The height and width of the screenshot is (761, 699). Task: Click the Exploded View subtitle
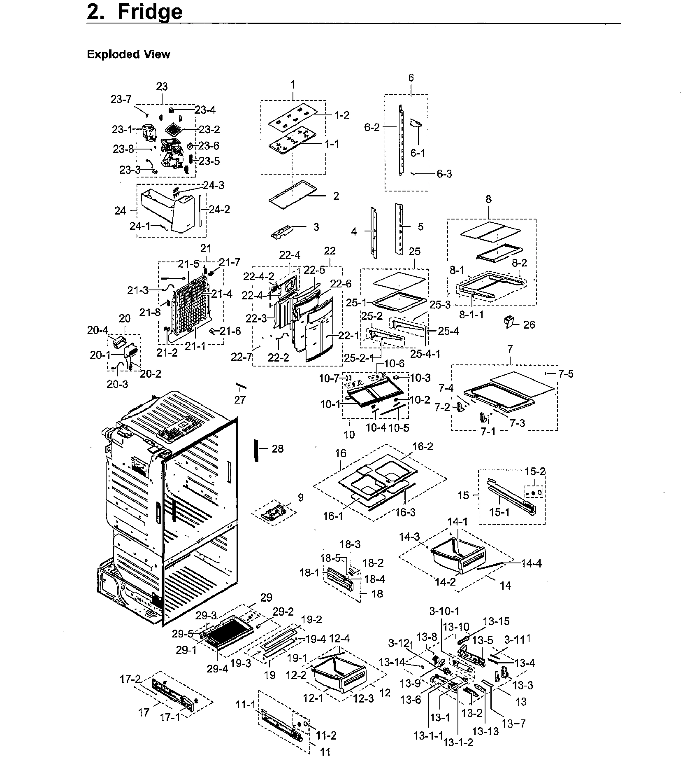pos(128,54)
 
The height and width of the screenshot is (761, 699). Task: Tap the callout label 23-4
pos(205,110)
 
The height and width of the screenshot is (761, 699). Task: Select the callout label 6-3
pos(444,174)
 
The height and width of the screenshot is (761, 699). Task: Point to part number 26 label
pos(529,325)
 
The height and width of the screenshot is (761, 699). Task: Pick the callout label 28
pos(278,449)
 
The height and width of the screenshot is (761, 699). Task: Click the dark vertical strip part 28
pos(256,450)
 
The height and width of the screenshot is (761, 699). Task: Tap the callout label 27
pos(240,400)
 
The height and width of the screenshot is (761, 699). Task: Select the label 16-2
pos(423,446)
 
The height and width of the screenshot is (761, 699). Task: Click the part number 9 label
pos(301,497)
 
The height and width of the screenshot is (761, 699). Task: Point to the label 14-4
pos(531,564)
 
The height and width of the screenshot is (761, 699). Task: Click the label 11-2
pos(326,735)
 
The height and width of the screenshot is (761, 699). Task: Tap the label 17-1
pos(170,717)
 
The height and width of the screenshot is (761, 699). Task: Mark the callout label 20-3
pos(117,384)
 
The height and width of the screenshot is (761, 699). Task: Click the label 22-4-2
pos(258,276)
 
